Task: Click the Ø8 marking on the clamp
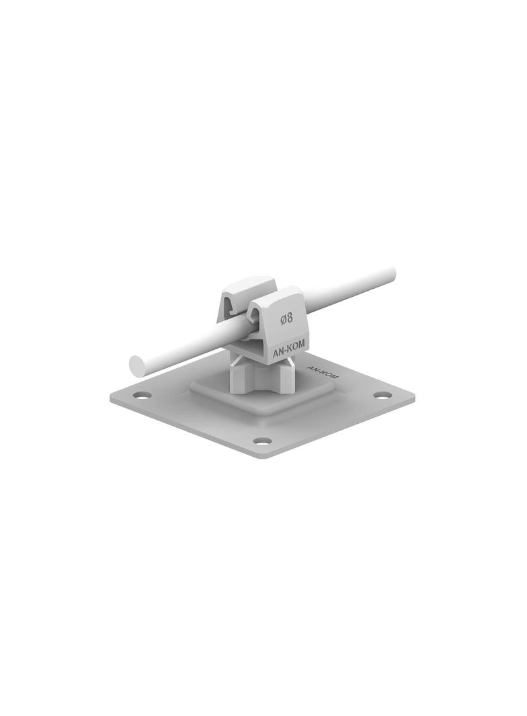click(x=286, y=319)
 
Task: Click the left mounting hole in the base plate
click(x=141, y=395)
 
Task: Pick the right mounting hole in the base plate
click(x=382, y=395)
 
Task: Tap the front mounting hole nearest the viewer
click(x=262, y=441)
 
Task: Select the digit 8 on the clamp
click(x=290, y=319)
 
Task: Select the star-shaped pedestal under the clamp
click(x=262, y=380)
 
